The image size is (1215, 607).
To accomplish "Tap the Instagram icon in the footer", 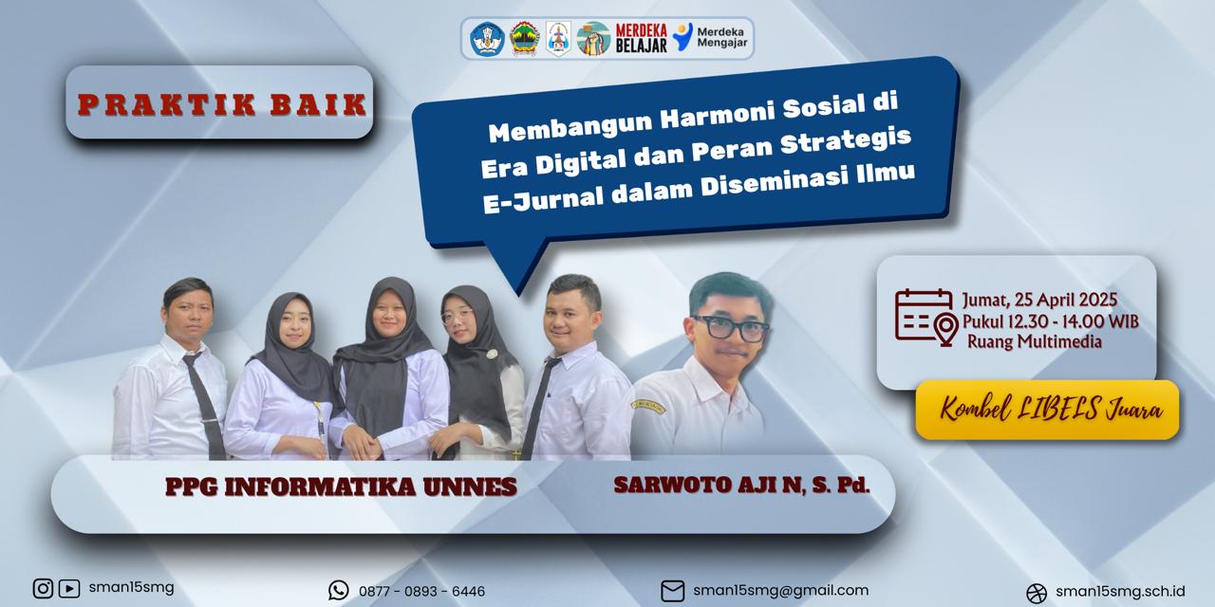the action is point(43,588).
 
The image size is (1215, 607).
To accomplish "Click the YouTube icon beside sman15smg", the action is point(69,589).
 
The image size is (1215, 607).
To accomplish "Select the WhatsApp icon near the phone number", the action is point(339,590).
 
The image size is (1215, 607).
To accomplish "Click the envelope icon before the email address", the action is point(673,591).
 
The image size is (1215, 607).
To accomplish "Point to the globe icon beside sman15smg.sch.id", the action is point(1037,593).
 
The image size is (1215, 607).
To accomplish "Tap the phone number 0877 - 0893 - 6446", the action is point(422,591).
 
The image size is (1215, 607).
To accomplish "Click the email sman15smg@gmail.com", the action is point(780,590).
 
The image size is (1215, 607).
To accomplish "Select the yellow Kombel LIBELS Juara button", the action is point(1047,410).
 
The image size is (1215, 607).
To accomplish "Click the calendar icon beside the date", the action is point(924,316).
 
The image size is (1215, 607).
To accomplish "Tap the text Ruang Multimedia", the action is point(1035,342).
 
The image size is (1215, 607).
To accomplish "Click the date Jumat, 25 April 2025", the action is point(1039,300).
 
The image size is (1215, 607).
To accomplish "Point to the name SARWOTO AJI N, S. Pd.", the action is point(741,485).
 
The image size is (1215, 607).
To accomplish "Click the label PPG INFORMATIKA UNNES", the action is point(341,487).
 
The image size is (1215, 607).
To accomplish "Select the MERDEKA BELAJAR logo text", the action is point(641,38).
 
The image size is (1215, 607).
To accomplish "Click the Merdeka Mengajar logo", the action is point(710,37).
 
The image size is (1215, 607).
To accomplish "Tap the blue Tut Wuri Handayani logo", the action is point(487,39).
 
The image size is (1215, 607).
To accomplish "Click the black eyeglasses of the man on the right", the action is point(731,328).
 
